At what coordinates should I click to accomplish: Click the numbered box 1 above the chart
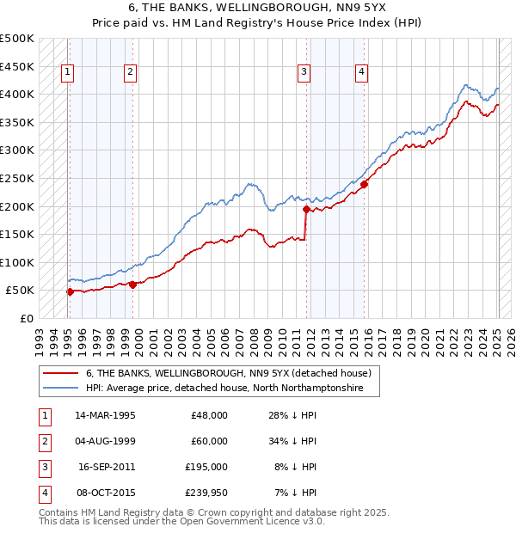[x=68, y=73]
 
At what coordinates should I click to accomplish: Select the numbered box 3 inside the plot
[x=304, y=73]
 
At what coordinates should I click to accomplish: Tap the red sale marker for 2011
[x=307, y=208]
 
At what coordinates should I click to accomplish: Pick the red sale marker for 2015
[x=365, y=183]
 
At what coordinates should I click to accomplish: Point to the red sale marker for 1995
[x=70, y=291]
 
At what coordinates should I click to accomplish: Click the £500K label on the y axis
[x=17, y=39]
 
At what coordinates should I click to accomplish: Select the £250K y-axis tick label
[x=17, y=178]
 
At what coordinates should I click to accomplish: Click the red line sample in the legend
[x=59, y=373]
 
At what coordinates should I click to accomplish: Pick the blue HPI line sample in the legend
[x=59, y=389]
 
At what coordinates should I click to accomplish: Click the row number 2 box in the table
[x=42, y=441]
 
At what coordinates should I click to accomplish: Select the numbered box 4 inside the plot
[x=362, y=73]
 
